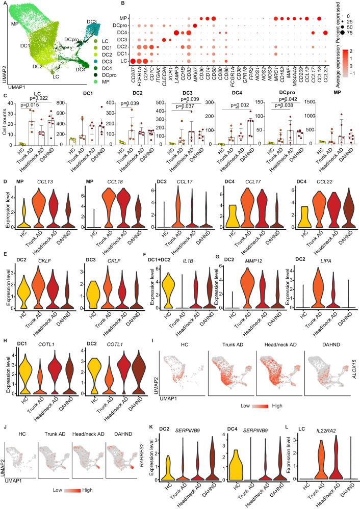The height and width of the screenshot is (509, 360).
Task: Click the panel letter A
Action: pyautogui.click(x=4, y=4)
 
